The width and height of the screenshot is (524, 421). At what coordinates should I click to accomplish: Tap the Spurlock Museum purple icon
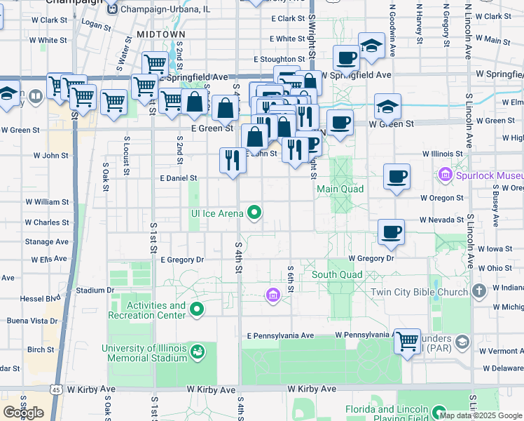pyautogui.click(x=444, y=173)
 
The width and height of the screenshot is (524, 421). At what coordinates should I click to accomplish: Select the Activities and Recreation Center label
pyautogui.click(x=147, y=310)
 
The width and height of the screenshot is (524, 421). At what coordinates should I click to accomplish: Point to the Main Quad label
pyautogui.click(x=340, y=189)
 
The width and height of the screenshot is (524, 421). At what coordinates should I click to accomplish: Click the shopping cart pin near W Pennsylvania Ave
pyautogui.click(x=406, y=342)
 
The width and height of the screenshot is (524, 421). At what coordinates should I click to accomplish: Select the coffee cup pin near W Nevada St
pyautogui.click(x=391, y=232)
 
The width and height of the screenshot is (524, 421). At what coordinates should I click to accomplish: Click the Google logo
pyautogui.click(x=23, y=413)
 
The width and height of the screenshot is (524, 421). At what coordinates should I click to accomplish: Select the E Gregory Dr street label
pyautogui.click(x=181, y=260)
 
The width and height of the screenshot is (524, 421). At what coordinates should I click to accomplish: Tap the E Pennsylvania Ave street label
pyautogui.click(x=280, y=336)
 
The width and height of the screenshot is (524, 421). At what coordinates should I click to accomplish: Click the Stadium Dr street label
pyautogui.click(x=95, y=290)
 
